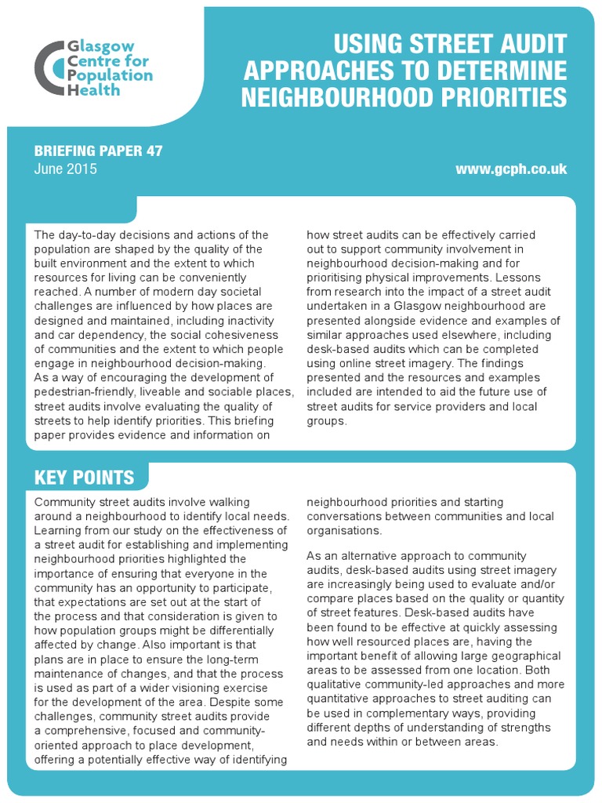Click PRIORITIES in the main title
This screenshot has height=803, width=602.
491,97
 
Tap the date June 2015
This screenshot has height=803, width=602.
66,169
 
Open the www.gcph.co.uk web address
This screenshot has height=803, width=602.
510,169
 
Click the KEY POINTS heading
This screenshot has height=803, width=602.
84,478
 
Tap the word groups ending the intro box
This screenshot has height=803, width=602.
325,420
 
